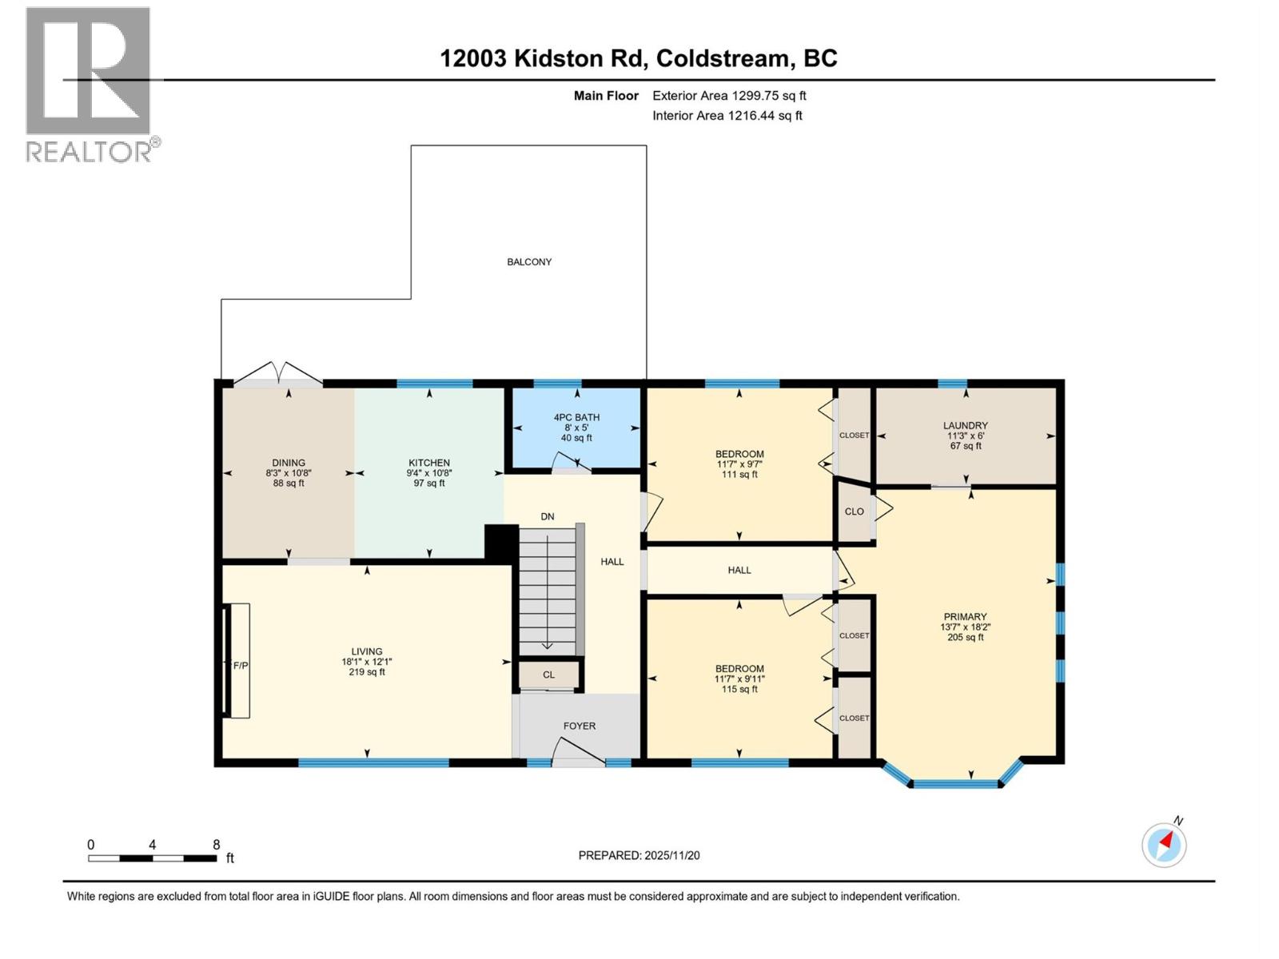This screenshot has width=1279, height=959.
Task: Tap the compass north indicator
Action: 1164,844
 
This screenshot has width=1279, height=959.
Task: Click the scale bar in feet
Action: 152,858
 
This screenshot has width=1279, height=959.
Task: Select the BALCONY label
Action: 529,262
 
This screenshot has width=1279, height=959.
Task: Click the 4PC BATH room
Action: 576,428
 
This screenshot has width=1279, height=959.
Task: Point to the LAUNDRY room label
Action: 965,426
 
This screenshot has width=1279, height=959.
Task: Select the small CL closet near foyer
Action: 548,675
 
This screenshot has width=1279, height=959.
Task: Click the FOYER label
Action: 580,726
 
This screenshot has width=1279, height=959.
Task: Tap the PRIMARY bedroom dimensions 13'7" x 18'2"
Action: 965,627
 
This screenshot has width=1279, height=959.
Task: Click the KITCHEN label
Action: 429,463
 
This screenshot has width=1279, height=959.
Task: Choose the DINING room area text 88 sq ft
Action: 289,483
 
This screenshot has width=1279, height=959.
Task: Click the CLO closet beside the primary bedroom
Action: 854,511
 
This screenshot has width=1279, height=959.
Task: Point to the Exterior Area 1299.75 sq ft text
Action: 729,96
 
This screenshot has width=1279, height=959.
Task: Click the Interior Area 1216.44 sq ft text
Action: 727,116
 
